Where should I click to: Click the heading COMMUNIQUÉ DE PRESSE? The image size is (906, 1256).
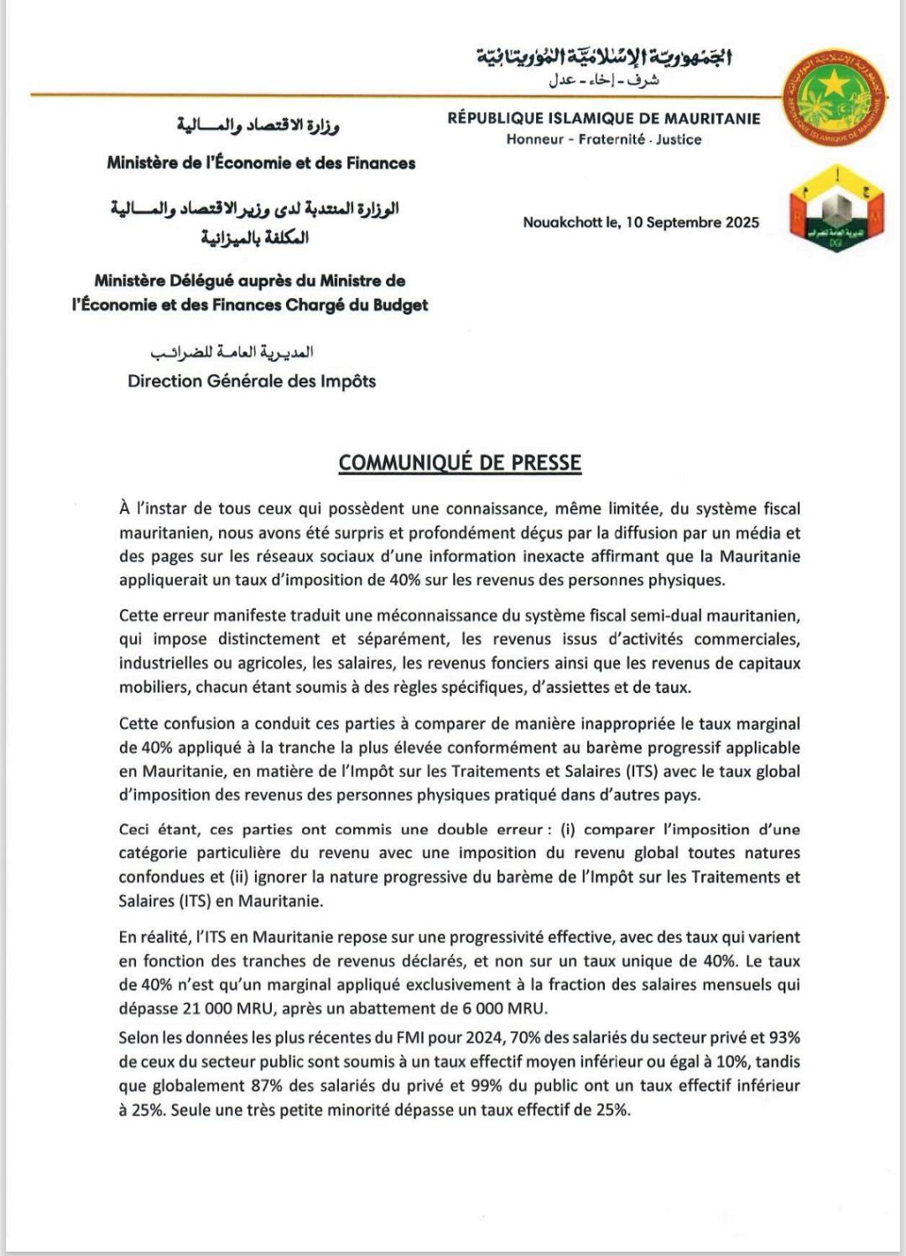(x=460, y=462)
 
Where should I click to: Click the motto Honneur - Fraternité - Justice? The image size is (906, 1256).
(x=603, y=139)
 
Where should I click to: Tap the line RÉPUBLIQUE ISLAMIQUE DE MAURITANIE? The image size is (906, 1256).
(x=603, y=118)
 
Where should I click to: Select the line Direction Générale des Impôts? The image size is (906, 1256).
(x=252, y=381)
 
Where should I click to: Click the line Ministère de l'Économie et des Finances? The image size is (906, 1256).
(x=261, y=163)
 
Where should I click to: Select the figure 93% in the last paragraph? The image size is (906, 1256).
(x=784, y=1038)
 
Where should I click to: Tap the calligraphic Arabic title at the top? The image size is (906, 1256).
(x=604, y=57)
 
